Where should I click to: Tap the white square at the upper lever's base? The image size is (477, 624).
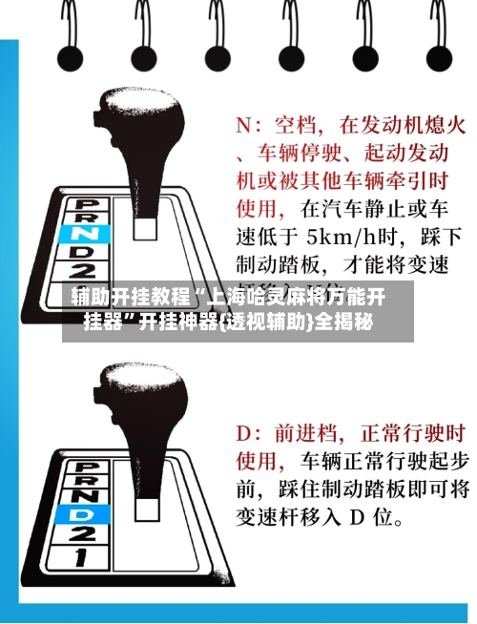(146, 227)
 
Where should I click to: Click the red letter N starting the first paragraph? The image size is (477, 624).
(243, 125)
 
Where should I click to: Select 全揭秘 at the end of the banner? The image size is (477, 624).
(344, 320)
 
